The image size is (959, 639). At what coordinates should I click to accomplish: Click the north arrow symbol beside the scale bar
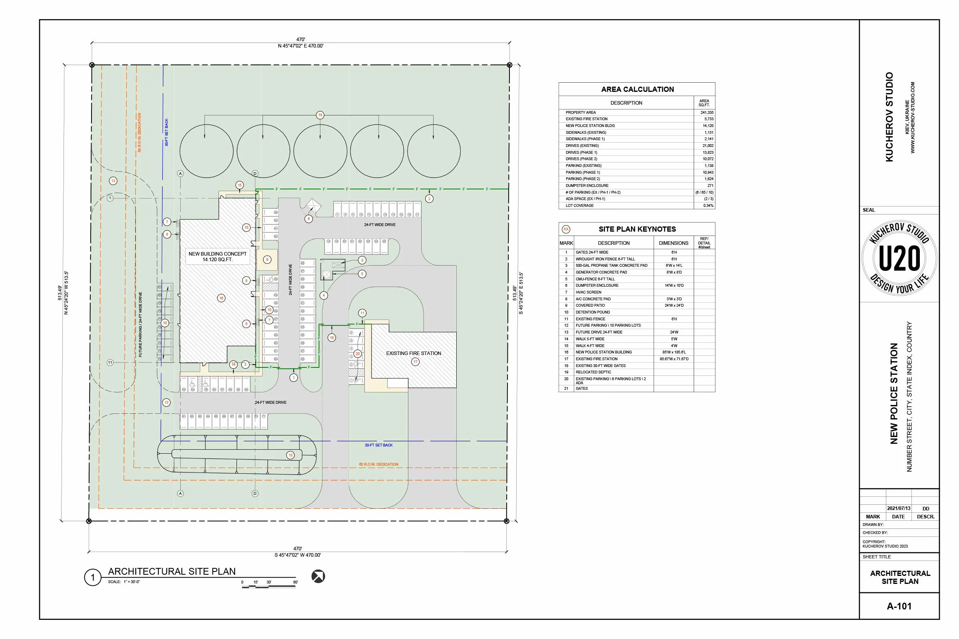[318, 576]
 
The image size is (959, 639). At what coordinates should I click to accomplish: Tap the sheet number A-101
[899, 606]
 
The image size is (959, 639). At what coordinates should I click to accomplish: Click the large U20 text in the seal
[899, 258]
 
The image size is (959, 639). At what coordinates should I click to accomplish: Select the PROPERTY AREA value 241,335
[706, 113]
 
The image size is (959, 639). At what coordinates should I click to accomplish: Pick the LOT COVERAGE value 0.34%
[708, 205]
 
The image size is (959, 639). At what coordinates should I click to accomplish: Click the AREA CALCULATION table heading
[637, 89]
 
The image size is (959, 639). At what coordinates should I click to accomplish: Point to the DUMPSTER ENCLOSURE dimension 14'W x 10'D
[674, 285]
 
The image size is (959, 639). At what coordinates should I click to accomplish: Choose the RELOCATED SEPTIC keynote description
[593, 372]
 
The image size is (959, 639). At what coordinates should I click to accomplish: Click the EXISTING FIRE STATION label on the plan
[414, 353]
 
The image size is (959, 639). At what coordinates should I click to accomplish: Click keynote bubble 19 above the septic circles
[320, 115]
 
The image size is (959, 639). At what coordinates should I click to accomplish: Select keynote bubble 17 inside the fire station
[415, 361]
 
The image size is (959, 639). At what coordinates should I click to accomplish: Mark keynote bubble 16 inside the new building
[221, 298]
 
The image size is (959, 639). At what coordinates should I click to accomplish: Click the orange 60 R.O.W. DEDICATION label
[378, 464]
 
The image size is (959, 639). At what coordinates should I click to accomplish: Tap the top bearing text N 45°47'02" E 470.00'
[300, 46]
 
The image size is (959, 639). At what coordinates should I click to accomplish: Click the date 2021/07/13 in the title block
[898, 508]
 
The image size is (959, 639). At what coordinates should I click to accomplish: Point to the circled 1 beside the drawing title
[93, 577]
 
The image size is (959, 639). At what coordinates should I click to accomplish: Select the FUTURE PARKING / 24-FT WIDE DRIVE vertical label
[140, 324]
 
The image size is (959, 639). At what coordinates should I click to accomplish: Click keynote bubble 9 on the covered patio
[267, 260]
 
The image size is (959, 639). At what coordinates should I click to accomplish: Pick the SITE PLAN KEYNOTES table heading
[637, 229]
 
